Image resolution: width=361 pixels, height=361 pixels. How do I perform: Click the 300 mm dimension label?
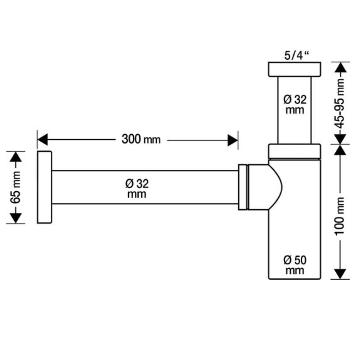[x=141, y=139]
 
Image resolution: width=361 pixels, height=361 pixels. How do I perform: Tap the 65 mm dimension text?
[x=16, y=187]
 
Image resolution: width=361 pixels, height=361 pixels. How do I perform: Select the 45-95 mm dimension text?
[x=340, y=104]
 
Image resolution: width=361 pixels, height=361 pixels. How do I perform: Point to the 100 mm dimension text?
[x=340, y=216]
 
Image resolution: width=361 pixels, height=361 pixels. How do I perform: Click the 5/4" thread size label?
[x=297, y=56]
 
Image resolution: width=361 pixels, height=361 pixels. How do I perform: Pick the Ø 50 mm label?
[x=295, y=265]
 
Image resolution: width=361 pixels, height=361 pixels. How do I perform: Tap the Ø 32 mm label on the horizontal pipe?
[x=137, y=189]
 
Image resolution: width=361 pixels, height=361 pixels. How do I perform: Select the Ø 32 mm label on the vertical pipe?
[x=295, y=105]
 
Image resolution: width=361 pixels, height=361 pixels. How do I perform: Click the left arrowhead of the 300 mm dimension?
[x=42, y=139]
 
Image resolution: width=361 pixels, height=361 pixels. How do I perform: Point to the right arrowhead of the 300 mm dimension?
[x=232, y=140]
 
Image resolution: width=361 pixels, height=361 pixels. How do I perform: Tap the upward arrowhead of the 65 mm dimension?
[x=16, y=157]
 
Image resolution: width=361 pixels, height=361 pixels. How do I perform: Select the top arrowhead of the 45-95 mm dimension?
[x=340, y=68]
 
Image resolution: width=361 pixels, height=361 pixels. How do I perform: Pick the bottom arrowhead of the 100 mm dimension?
[x=340, y=274]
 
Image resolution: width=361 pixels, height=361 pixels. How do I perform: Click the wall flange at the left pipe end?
[x=44, y=187]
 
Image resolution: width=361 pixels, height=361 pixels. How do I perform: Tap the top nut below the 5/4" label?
[x=295, y=69]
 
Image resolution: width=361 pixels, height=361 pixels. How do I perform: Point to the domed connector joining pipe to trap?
[x=265, y=187]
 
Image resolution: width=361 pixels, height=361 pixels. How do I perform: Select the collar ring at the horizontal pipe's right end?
[x=243, y=187]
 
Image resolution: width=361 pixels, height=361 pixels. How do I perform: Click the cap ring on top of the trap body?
[x=295, y=151]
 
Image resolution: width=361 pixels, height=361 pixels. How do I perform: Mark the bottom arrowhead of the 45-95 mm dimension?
[x=340, y=139]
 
